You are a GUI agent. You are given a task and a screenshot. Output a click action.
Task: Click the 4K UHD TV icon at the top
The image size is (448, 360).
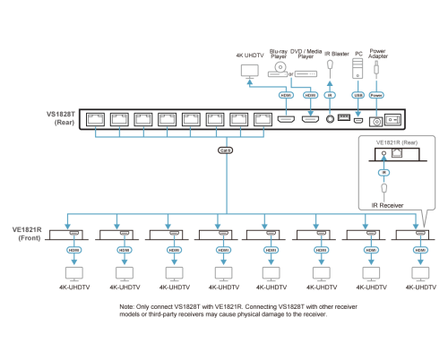click(x=250, y=71)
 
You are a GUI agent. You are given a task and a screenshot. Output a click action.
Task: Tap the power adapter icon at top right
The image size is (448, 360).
click(x=376, y=68)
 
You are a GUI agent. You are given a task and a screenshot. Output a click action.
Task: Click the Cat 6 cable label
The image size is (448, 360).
click(x=224, y=150)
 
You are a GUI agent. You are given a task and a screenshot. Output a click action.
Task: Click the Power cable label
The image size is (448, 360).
click(x=376, y=94)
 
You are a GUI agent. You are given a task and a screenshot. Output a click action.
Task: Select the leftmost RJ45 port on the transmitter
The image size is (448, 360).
click(x=96, y=118)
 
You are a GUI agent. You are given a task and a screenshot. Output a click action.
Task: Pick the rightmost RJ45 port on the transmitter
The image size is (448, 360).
click(x=263, y=118)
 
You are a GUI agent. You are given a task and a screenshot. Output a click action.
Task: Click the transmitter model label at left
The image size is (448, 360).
click(x=60, y=118)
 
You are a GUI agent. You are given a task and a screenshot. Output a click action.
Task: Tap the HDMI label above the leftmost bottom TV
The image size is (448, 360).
click(x=73, y=251)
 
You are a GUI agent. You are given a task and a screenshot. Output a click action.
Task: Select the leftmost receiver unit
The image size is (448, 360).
click(x=66, y=235)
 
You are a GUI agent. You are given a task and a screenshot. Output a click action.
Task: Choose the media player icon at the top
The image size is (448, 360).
click(x=306, y=73)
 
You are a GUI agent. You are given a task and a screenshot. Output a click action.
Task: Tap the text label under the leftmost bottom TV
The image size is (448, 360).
click(x=72, y=287)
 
